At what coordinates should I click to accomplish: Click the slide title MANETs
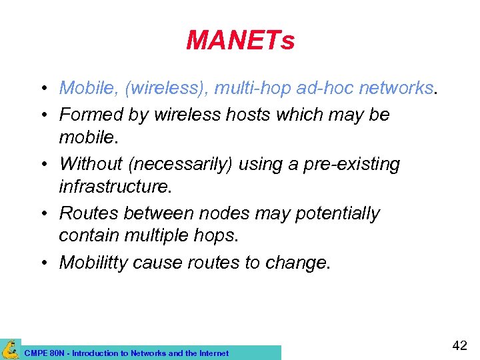(x=240, y=41)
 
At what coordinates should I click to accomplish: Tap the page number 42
(x=459, y=345)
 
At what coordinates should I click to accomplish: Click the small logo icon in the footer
(x=10, y=349)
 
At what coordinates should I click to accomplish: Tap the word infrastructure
(x=115, y=187)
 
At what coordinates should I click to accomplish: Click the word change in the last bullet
(x=295, y=263)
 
